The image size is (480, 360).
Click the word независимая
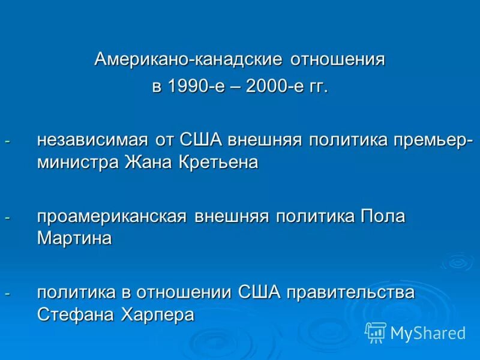tap(92, 140)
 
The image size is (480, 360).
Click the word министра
tap(79, 163)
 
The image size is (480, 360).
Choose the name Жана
tap(149, 163)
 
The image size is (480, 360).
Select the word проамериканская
tap(112, 217)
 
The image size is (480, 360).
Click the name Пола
tap(383, 217)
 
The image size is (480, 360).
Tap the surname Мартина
tap(74, 238)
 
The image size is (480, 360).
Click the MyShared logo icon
tap(375, 332)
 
